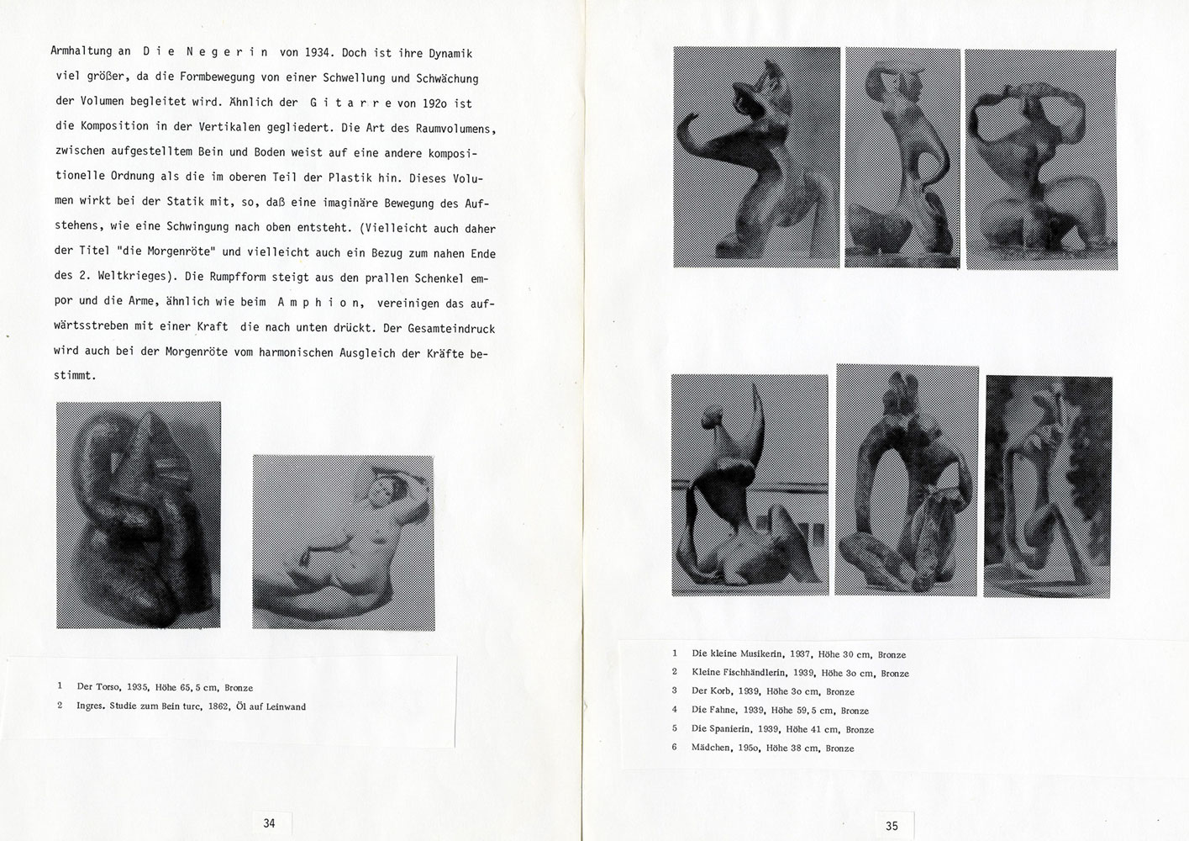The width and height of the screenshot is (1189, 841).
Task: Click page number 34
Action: coord(269,822)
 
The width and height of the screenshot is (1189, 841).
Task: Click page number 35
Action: coord(892,826)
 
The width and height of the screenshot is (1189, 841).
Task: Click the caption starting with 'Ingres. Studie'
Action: coord(191,706)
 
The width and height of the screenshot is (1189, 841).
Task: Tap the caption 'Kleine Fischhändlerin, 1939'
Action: coord(799,673)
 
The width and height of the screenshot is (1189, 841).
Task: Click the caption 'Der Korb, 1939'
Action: coord(772,691)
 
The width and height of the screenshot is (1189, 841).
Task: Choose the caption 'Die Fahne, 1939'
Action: coord(780,711)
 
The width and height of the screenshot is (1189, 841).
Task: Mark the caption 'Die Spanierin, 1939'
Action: coord(781,729)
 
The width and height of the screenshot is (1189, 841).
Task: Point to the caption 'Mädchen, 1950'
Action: coord(772,748)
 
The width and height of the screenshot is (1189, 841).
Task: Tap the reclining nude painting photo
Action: coord(344,542)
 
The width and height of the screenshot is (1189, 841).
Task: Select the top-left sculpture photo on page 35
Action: coord(756,156)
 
